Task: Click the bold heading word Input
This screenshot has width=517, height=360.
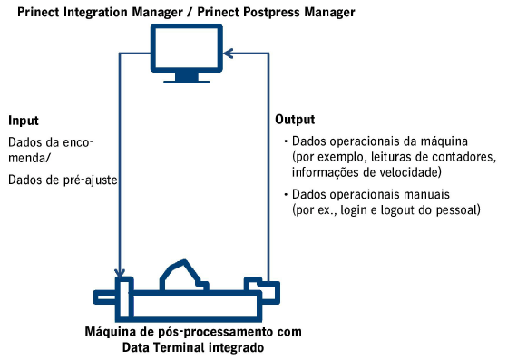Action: pos(24,121)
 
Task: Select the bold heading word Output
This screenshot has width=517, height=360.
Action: pos(295,119)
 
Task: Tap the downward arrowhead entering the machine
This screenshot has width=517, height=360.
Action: pos(120,272)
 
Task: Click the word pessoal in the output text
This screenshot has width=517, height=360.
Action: pos(459,209)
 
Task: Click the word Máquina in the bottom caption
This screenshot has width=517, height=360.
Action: pos(107,331)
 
